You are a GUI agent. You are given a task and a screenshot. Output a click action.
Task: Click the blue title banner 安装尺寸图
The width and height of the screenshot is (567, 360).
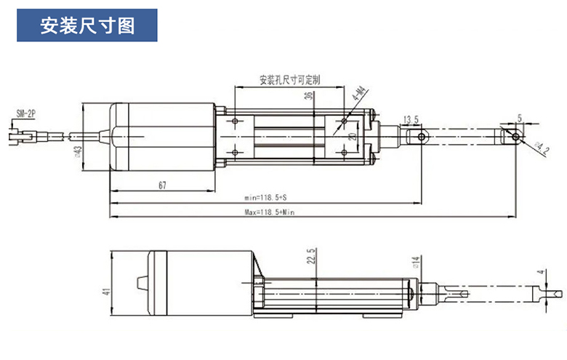pos(87,27)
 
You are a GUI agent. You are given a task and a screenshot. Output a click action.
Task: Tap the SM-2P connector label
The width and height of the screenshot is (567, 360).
pos(25,113)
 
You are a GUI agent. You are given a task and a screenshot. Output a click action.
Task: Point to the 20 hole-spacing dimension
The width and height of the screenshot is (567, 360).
pos(352,136)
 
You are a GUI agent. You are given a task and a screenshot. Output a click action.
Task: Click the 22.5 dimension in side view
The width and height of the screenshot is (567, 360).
pos(311,258)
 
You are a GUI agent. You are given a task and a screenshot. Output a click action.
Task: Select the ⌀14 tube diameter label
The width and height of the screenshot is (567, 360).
pos(416,262)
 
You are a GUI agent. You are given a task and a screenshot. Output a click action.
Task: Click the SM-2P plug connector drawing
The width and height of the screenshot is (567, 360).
pos(23,135)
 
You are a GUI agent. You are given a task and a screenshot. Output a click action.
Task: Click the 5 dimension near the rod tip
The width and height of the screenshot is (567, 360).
pos(520,116)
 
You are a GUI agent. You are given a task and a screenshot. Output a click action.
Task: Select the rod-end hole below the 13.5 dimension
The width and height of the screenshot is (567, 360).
pos(420,136)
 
